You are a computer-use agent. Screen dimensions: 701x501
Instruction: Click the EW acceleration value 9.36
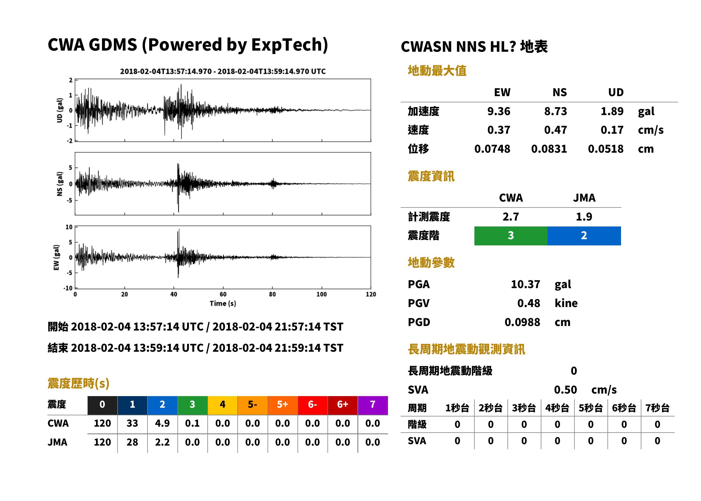[x=498, y=111]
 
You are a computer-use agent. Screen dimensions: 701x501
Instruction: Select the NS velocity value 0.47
[x=555, y=130]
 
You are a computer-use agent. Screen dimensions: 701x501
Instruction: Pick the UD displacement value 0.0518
[x=605, y=149]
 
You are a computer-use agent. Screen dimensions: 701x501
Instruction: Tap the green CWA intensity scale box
[x=511, y=236]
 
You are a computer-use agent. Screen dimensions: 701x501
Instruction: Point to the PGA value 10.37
[x=525, y=284]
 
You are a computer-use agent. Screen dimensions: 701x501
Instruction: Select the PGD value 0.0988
[x=522, y=322]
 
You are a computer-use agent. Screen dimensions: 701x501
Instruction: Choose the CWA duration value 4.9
[x=162, y=423]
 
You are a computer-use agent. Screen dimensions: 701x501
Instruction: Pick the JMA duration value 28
[x=132, y=442]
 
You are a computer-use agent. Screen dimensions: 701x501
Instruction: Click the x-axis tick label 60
[x=223, y=294]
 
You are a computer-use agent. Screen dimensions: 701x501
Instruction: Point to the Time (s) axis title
[x=223, y=304]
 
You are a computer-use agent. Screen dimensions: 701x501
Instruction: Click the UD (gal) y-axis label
[x=60, y=110]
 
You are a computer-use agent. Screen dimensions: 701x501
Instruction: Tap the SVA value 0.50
[x=565, y=390]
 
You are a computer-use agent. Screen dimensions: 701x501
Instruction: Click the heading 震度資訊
[x=431, y=176]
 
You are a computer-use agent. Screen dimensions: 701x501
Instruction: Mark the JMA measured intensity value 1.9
[x=584, y=217]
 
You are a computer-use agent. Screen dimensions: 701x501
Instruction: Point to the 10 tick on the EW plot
[x=69, y=227]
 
